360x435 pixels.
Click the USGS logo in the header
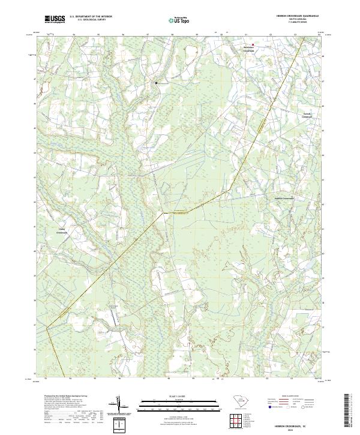(55, 20)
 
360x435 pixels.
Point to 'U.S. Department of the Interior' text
(91, 17)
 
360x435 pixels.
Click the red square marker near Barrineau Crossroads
(253, 44)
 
